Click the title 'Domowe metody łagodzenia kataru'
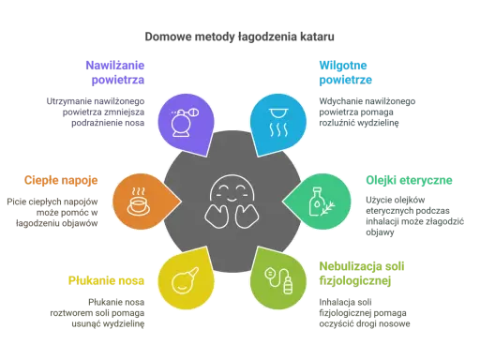pos(239,37)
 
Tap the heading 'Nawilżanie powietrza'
pos(115,72)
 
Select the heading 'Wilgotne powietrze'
pos(345,72)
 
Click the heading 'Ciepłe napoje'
pos(61,181)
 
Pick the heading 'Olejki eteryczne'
pos(409,180)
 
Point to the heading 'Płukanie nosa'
pos(106,280)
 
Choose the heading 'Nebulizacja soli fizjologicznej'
pos(362,274)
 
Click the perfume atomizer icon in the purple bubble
pos(185,122)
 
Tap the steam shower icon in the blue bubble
pos(278,122)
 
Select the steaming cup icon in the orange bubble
pos(139,202)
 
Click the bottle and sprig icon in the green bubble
pos(322,202)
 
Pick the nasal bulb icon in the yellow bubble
pos(185,280)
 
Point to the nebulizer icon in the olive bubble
pos(278,280)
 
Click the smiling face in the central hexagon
pos(232,202)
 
